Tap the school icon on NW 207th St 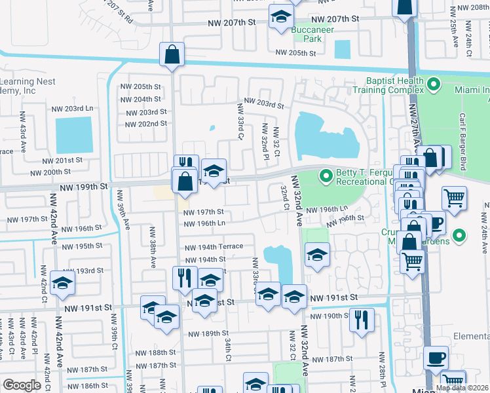[281, 17]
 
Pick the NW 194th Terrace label [214, 247]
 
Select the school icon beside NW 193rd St [63, 282]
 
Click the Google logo [22, 385]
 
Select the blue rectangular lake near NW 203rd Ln [73, 135]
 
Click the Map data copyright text [461, 388]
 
